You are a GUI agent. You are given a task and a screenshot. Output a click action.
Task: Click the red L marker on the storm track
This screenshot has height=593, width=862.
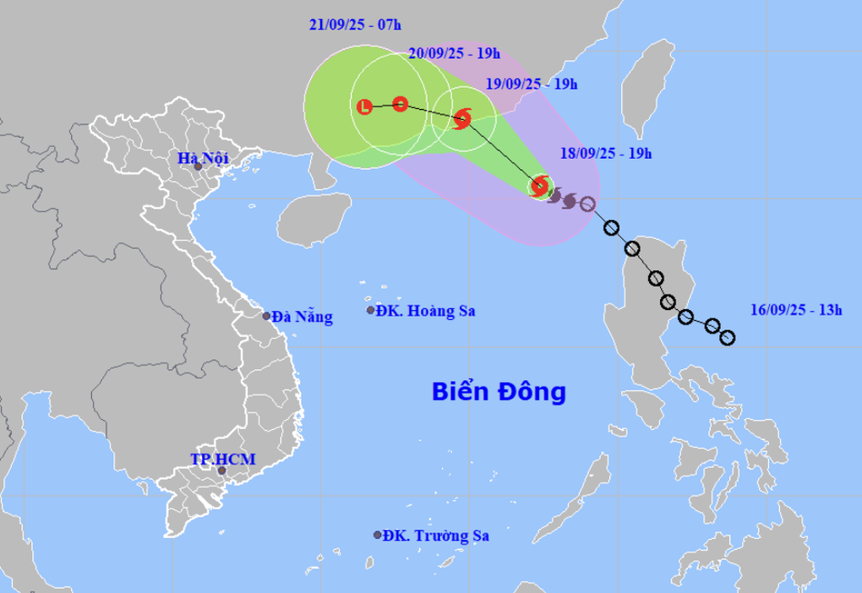[x=364, y=106]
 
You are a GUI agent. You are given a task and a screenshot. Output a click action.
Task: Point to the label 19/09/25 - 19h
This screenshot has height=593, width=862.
[x=532, y=83]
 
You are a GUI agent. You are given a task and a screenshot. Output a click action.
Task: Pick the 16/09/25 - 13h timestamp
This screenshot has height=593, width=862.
[x=796, y=310]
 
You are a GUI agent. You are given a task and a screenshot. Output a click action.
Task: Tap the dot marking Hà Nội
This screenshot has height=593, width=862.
[x=198, y=166]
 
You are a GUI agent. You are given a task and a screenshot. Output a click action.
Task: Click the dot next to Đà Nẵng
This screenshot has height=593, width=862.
[x=267, y=317]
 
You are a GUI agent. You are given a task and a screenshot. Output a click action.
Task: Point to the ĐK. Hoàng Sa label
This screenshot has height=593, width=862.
[x=426, y=311]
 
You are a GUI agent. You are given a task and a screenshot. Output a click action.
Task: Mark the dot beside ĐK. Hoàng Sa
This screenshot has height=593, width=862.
[x=370, y=311]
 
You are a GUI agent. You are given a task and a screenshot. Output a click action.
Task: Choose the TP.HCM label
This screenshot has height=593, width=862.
[x=222, y=459]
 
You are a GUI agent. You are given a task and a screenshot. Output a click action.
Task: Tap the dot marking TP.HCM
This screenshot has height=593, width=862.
[x=221, y=470]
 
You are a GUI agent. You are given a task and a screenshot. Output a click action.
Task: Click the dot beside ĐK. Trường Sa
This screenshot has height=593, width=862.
[x=377, y=535]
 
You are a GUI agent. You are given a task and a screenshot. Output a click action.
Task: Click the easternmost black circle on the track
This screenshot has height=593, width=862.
[x=728, y=338]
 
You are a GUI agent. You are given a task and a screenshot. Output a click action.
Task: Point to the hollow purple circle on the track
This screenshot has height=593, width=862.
[x=587, y=204]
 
